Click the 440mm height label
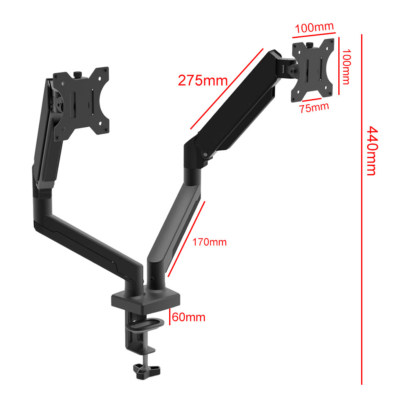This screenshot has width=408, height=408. click(372, 150)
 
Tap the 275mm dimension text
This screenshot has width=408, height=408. click(203, 80)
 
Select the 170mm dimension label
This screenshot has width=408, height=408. click(210, 242)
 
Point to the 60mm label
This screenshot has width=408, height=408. click(188, 317)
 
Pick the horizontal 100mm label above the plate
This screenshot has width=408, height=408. click(314, 28)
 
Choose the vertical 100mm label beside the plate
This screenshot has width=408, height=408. click(346, 67)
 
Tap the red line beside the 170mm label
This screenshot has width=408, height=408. click(186, 239)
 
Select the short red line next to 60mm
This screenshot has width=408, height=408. click(169, 316)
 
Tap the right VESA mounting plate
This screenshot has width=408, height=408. click(313, 70)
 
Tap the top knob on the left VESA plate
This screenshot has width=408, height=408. click(78, 74)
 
